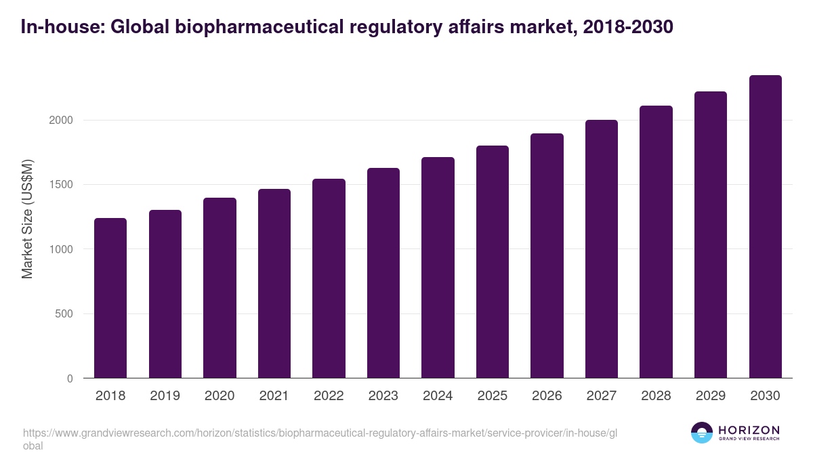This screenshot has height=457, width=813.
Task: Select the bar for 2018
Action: (x=110, y=298)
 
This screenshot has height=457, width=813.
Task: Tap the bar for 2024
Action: (x=438, y=267)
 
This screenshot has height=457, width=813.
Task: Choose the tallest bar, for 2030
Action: (x=766, y=227)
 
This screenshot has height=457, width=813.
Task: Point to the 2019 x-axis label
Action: (x=165, y=396)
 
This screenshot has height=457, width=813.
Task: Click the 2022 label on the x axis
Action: (x=329, y=396)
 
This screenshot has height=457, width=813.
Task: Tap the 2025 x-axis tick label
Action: (x=493, y=396)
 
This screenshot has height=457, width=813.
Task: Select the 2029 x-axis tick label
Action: (x=711, y=396)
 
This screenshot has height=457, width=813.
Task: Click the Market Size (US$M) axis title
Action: (x=27, y=219)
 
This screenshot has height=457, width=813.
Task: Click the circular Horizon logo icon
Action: (x=702, y=433)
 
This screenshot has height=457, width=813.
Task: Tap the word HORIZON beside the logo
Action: (x=749, y=430)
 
